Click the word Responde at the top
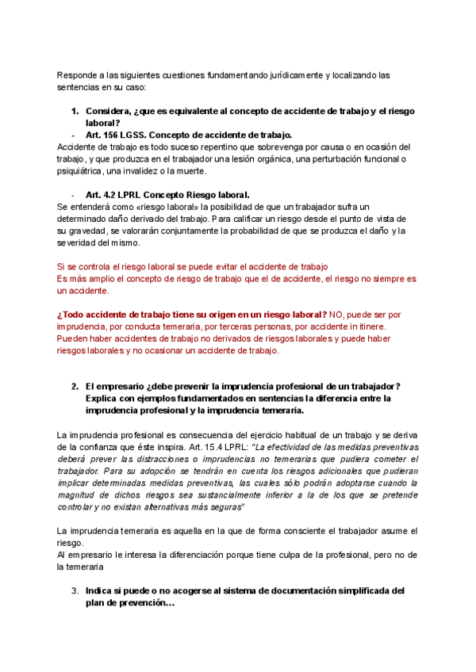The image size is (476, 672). (x=77, y=75)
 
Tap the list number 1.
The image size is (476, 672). (x=75, y=111)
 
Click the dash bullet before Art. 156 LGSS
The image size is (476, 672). (x=73, y=135)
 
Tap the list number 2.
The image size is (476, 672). (x=75, y=386)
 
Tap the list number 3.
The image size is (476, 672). (x=75, y=590)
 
